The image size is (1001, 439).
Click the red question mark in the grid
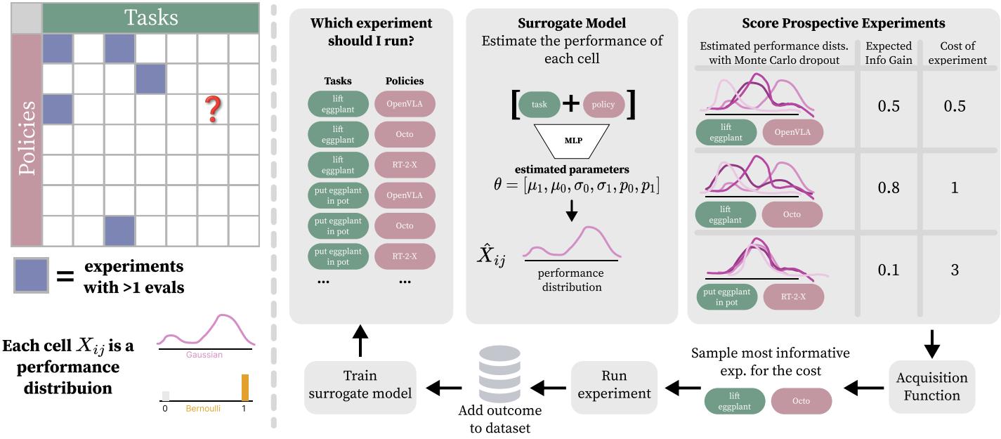pyautogui.click(x=213, y=110)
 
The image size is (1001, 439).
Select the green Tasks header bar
pyautogui.click(x=151, y=18)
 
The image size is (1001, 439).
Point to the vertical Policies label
pyautogui.click(x=27, y=140)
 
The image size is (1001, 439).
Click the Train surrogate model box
pyautogui.click(x=360, y=385)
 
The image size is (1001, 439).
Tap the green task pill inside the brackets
pyautogui.click(x=539, y=105)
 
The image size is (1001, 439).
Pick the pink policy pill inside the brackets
pyautogui.click(x=603, y=105)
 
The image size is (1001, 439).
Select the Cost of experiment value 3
pyautogui.click(x=954, y=270)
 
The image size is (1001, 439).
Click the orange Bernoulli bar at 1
pyautogui.click(x=245, y=387)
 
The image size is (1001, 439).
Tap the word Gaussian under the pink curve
pyautogui.click(x=204, y=355)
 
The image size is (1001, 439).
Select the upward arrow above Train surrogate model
pyautogui.click(x=360, y=341)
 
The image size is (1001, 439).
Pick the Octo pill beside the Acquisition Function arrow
pyautogui.click(x=801, y=401)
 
